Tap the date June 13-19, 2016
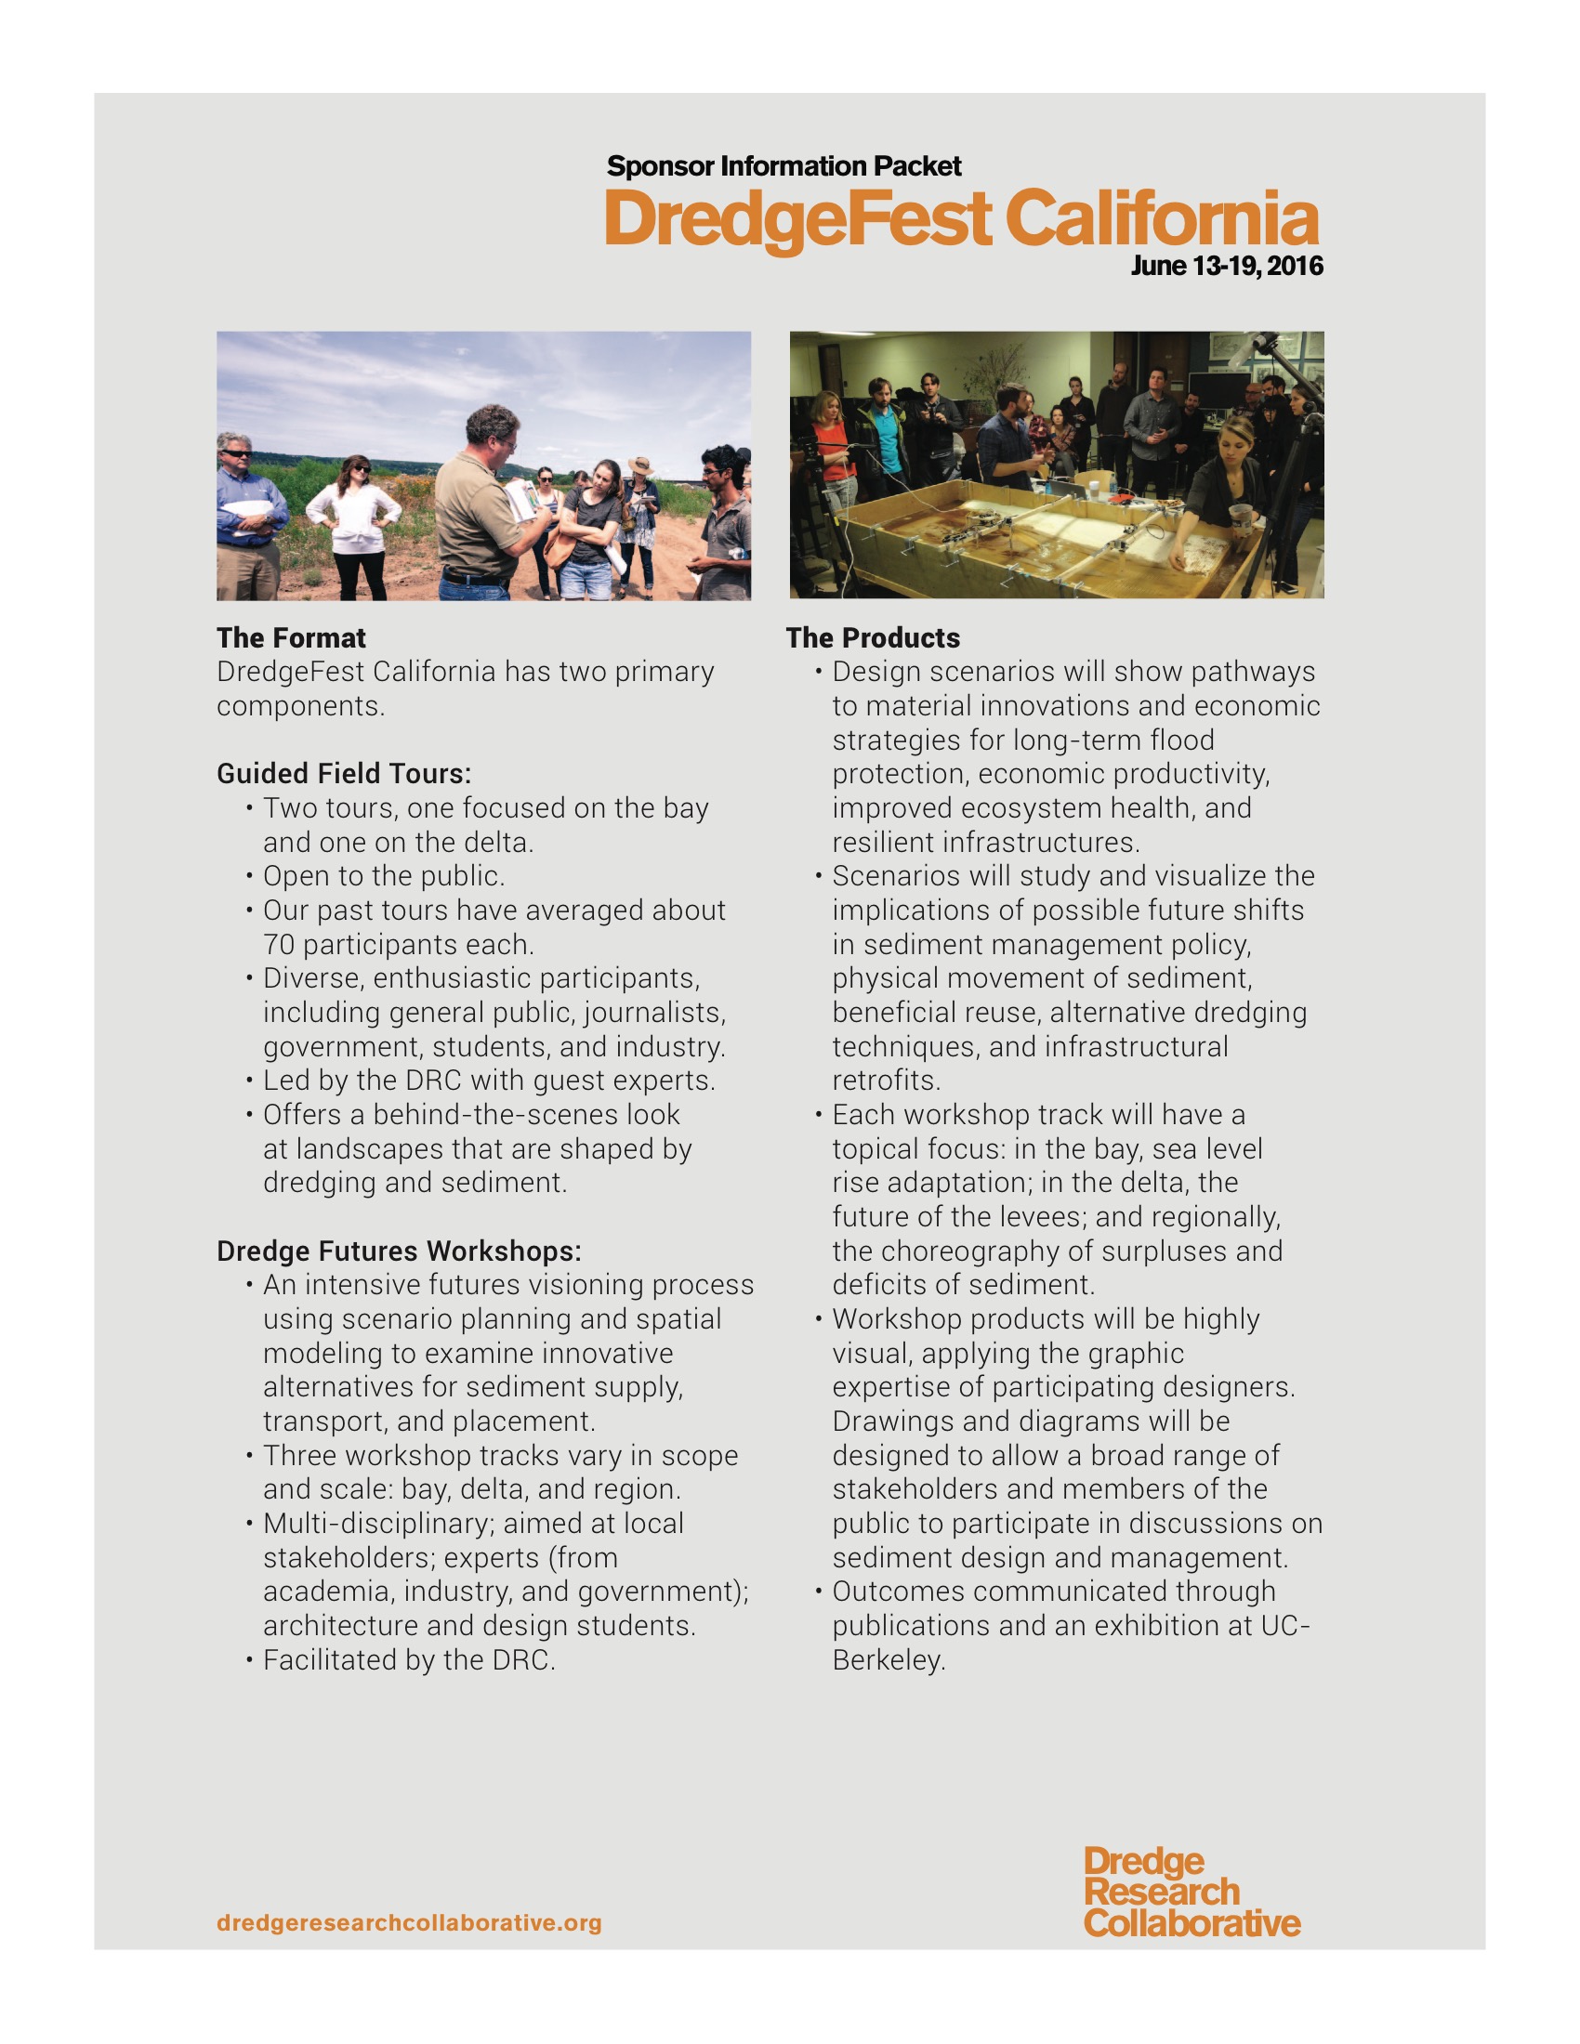point(1226,267)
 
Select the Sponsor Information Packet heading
point(783,166)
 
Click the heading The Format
point(291,638)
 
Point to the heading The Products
point(873,638)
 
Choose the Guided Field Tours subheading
point(344,774)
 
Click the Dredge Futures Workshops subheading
point(399,1251)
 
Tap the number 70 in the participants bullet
point(279,944)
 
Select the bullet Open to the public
point(384,876)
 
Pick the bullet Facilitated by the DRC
point(409,1660)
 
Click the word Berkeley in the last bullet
point(889,1660)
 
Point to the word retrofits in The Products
point(886,1081)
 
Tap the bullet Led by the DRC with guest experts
point(489,1081)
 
